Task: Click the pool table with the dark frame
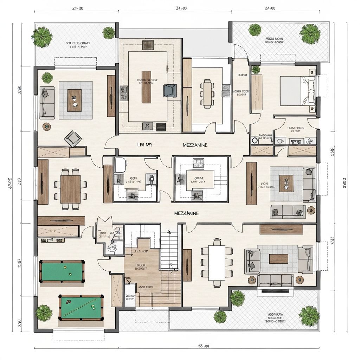click(x=62, y=271)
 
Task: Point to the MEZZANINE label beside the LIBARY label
click(x=195, y=145)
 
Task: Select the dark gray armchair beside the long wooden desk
click(x=170, y=90)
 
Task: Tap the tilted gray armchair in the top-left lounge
click(x=73, y=138)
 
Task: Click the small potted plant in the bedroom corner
click(x=256, y=69)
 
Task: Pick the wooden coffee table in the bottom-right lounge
click(x=278, y=258)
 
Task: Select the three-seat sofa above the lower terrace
click(x=276, y=280)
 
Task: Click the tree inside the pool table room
click(x=44, y=312)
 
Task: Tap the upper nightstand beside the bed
click(x=311, y=72)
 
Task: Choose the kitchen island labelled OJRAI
click(x=197, y=180)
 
